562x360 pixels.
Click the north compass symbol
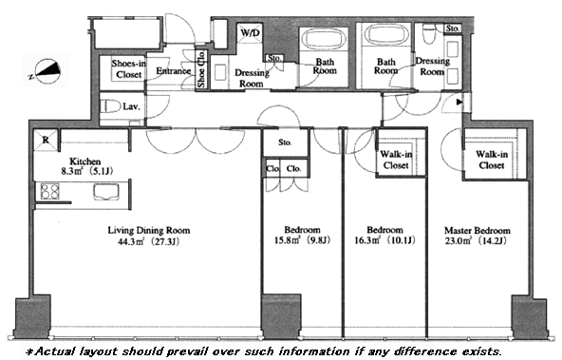pyautogui.click(x=46, y=71)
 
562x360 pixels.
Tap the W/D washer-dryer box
pyautogui.click(x=251, y=33)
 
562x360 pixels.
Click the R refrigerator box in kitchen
pyautogui.click(x=46, y=140)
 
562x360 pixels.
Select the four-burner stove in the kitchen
pyautogui.click(x=49, y=191)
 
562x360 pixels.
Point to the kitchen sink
pyautogui.click(x=106, y=192)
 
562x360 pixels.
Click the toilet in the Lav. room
pyautogui.click(x=111, y=106)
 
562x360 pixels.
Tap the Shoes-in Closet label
pyautogui.click(x=129, y=69)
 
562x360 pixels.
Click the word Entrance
pyautogui.click(x=174, y=71)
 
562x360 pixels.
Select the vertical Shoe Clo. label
pyautogui.click(x=201, y=68)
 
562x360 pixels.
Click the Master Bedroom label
pyautogui.click(x=478, y=230)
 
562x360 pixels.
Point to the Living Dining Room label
pyautogui.click(x=149, y=230)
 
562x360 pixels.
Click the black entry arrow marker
pyautogui.click(x=459, y=103)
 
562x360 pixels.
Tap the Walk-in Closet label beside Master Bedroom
pyautogui.click(x=492, y=160)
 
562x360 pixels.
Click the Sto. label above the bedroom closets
pyautogui.click(x=285, y=142)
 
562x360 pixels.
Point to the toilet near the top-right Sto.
pyautogui.click(x=428, y=34)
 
